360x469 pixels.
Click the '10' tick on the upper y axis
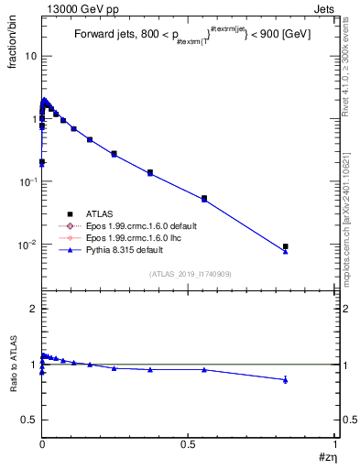tap(29, 56)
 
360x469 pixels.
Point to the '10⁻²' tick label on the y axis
tap(27, 245)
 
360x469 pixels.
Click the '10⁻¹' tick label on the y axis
tap(27, 181)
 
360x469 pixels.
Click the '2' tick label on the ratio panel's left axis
tap(32, 310)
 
